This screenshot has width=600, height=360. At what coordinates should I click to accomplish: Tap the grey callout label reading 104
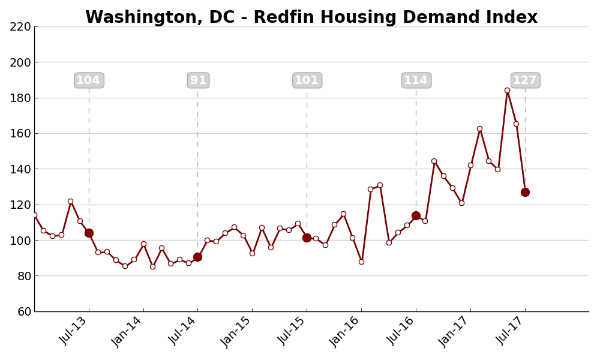tap(89, 80)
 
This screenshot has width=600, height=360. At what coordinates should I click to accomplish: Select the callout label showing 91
tap(198, 80)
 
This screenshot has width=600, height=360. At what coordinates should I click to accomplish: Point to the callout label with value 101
tap(307, 80)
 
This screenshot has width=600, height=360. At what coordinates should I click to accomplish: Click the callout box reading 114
tap(416, 80)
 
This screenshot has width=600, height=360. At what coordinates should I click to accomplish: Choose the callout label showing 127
tap(526, 80)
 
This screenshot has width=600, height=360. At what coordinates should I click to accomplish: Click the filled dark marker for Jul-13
tap(89, 233)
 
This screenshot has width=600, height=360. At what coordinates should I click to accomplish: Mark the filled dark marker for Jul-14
tap(197, 257)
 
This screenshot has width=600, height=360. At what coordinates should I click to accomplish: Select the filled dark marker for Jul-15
tap(307, 238)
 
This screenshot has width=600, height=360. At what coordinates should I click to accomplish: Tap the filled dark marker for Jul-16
tap(416, 215)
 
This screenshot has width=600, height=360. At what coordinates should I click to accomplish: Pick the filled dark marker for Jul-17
tap(525, 192)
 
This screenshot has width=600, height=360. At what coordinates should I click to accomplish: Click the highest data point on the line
tap(507, 91)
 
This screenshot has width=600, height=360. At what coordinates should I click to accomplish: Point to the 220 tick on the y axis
tap(20, 26)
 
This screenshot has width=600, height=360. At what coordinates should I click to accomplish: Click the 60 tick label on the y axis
tap(23, 311)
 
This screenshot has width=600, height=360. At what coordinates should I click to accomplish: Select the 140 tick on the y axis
tap(20, 169)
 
